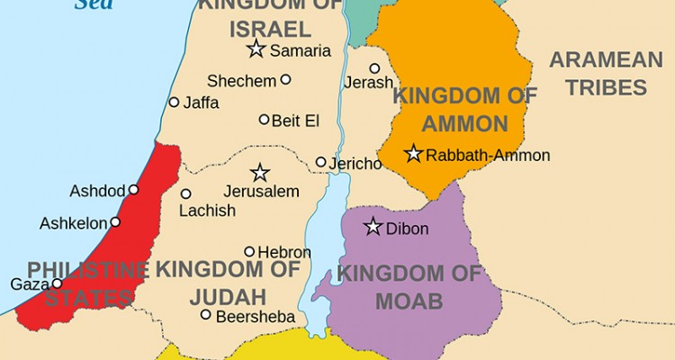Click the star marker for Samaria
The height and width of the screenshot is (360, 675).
[256, 49]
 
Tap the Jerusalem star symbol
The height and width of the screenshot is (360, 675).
[260, 173]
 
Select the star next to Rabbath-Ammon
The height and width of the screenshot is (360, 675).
[413, 154]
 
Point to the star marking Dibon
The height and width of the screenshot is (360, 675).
[373, 227]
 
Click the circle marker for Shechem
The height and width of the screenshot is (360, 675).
[285, 79]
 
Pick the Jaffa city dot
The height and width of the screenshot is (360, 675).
[174, 102]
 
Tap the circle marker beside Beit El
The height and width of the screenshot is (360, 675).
[264, 119]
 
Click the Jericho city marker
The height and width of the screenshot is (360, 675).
[320, 162]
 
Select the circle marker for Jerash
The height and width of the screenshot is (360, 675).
[374, 67]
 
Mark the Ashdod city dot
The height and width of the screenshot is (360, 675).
[133, 190]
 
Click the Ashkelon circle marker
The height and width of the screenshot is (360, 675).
[114, 221]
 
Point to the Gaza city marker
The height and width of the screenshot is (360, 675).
[58, 283]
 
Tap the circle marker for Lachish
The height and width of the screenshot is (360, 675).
[185, 193]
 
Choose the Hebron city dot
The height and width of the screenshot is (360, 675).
[249, 251]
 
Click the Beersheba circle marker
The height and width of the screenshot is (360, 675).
[206, 314]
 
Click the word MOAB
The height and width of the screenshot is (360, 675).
[409, 301]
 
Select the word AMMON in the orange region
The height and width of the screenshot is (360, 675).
[451, 123]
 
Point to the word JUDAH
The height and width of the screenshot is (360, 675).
[228, 296]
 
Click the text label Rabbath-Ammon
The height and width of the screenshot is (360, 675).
[487, 156]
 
